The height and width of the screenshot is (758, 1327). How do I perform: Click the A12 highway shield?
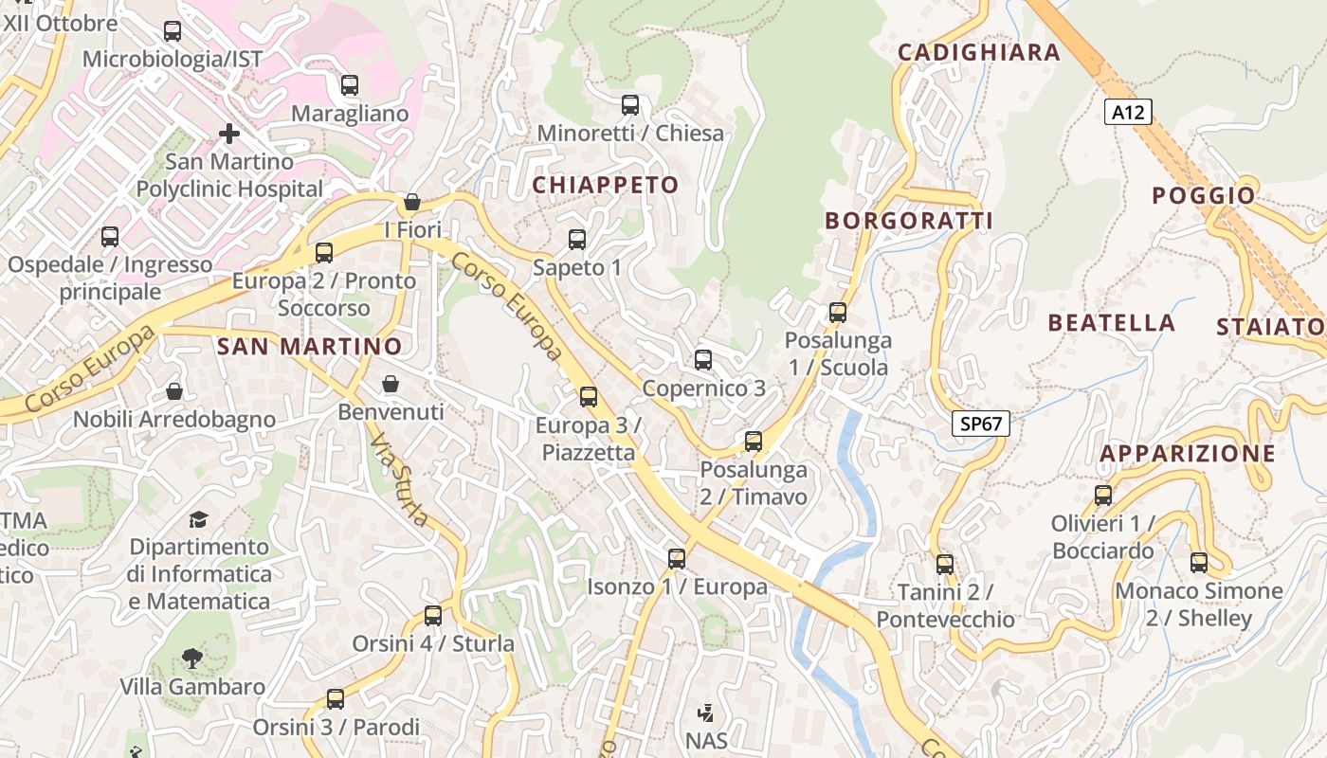click(x=1128, y=113)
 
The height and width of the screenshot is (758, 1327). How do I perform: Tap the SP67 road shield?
click(x=981, y=424)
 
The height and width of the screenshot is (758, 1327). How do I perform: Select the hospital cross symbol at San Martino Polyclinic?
click(x=228, y=134)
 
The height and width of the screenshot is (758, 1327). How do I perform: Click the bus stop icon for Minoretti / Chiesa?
click(x=630, y=105)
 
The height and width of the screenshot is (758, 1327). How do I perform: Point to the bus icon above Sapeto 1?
click(x=577, y=240)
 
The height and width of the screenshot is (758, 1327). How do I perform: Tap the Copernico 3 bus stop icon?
click(x=702, y=360)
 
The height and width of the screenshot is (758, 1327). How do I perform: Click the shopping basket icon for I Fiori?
click(x=412, y=202)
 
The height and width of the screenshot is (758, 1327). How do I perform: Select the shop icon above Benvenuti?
click(x=391, y=384)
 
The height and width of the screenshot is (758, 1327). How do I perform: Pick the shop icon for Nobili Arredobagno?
click(x=174, y=391)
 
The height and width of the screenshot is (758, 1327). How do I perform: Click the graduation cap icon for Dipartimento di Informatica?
click(x=198, y=519)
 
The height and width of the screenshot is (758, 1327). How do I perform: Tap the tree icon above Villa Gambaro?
click(x=192, y=658)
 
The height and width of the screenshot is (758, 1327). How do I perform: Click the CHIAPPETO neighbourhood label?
click(x=606, y=185)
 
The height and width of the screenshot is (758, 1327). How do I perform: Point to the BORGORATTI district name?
click(x=909, y=221)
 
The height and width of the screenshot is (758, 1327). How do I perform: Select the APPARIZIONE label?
click(x=1188, y=453)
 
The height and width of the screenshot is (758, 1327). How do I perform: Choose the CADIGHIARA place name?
click(x=978, y=52)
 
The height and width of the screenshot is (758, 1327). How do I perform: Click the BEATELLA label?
click(x=1111, y=323)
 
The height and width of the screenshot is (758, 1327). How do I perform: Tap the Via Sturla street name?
click(x=399, y=481)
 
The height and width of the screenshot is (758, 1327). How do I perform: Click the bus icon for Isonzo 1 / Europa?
click(x=676, y=559)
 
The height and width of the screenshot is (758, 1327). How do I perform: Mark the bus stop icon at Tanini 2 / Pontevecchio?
click(x=945, y=565)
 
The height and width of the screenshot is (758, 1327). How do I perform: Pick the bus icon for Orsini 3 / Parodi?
click(x=336, y=699)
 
